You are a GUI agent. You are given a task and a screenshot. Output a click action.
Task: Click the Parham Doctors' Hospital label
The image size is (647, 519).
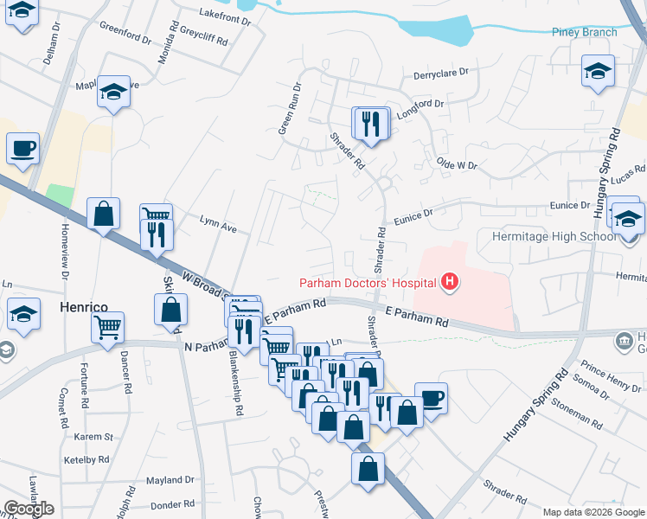[368, 282]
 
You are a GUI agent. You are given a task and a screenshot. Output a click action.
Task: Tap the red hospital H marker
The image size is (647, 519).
[450, 281]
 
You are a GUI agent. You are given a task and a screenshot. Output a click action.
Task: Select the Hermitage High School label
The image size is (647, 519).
[567, 236]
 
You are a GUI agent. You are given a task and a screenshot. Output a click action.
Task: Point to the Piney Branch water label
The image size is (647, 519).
[585, 33]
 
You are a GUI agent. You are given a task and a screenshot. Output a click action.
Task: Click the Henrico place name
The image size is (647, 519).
[82, 307]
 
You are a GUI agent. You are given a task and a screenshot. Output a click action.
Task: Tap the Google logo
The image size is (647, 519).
[29, 509]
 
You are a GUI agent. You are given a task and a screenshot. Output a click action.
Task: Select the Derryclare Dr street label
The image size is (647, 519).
[440, 75]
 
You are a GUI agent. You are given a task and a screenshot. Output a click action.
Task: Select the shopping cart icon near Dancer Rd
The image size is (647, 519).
[108, 327]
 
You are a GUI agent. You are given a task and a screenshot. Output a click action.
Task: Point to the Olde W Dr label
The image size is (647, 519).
[458, 163]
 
